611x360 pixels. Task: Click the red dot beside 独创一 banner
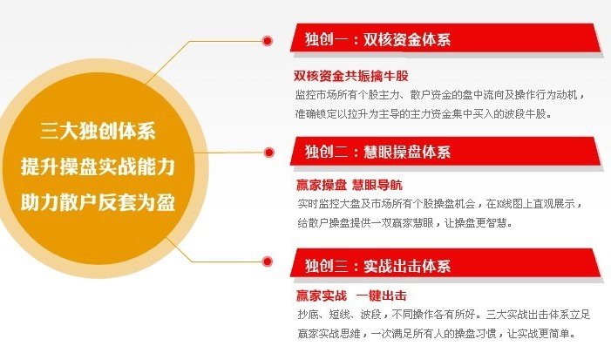pyautogui.click(x=268, y=40)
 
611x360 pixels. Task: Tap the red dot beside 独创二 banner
pyautogui.click(x=268, y=153)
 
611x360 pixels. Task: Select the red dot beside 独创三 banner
pyautogui.click(x=268, y=262)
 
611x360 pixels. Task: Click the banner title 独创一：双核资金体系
pyautogui.click(x=377, y=39)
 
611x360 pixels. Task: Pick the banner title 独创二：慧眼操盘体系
pyautogui.click(x=377, y=151)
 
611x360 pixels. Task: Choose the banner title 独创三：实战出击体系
pyautogui.click(x=377, y=266)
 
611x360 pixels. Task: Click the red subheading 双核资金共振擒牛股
pyautogui.click(x=351, y=76)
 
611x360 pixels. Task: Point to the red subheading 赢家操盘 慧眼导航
pyautogui.click(x=350, y=185)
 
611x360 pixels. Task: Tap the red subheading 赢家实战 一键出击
pyautogui.click(x=351, y=295)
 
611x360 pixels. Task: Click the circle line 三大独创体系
pyautogui.click(x=98, y=131)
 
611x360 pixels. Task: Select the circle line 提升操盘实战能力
pyautogui.click(x=98, y=166)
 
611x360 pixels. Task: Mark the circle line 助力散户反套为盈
pyautogui.click(x=98, y=202)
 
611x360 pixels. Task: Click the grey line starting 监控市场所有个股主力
pyautogui.click(x=440, y=95)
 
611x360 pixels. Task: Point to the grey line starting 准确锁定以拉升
pyautogui.click(x=424, y=114)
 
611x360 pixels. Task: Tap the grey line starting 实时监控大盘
pyautogui.click(x=440, y=203)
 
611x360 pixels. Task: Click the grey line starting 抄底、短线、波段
pyautogui.click(x=444, y=314)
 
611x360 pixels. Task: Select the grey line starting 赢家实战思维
pyautogui.click(x=437, y=333)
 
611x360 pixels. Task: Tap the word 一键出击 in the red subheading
pyautogui.click(x=382, y=295)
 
